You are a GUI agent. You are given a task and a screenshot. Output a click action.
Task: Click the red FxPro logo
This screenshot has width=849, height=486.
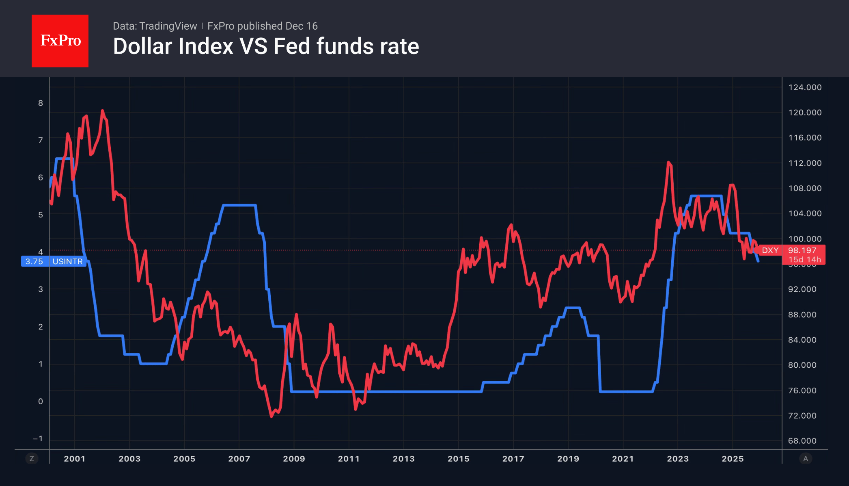pos(60,41)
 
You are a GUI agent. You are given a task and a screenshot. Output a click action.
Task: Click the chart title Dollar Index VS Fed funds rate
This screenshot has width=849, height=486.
pos(266,46)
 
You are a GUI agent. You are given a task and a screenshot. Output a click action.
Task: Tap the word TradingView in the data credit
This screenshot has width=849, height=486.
pos(168,26)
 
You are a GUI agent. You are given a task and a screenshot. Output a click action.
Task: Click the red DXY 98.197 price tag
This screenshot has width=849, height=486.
pos(791,255)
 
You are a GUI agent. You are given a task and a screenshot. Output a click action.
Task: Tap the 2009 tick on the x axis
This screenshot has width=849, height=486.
pos(294,459)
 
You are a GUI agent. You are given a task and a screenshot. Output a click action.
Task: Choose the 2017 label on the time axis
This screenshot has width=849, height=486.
pos(513,459)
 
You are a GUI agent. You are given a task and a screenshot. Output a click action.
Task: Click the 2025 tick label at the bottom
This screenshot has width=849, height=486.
pos(733,459)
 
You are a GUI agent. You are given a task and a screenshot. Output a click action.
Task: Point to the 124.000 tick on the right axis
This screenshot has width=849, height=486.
pos(805,87)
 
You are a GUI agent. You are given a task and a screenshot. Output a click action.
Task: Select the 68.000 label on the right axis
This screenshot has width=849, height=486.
pos(802,441)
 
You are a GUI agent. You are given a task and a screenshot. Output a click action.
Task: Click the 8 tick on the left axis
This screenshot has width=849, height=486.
pos(41,103)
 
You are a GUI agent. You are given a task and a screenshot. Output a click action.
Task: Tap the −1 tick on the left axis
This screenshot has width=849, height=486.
pos(38,439)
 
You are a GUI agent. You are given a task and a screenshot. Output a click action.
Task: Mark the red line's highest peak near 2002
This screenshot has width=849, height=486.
pos(102,111)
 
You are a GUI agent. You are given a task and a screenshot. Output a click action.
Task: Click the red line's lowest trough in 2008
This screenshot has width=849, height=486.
pos(272,416)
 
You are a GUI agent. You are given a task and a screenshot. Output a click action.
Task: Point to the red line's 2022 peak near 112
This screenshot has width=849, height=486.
pos(668,162)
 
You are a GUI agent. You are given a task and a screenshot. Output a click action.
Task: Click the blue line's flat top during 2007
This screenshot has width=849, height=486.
pos(239,205)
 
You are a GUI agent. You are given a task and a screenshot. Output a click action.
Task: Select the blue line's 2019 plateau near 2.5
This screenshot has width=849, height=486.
pos(572,308)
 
